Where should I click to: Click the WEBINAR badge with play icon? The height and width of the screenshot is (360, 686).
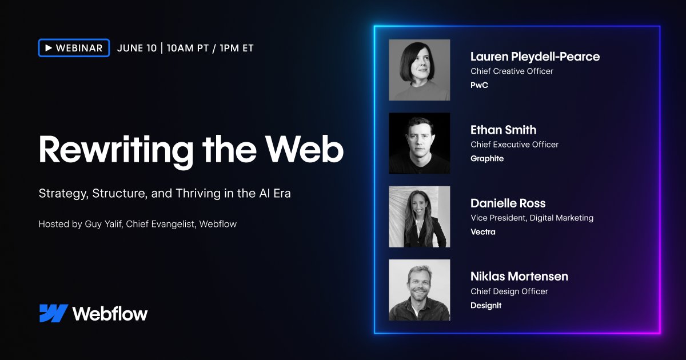(x=74, y=48)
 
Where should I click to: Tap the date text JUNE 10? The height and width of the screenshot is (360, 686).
(x=137, y=48)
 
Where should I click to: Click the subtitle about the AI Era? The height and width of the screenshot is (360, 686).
(x=165, y=193)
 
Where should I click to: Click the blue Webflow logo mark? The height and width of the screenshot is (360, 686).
(x=54, y=313)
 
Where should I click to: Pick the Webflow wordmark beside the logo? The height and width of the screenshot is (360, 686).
(x=110, y=313)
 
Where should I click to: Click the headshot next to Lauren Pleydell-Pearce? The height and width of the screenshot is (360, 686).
(x=419, y=70)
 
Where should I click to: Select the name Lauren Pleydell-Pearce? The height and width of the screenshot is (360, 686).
(x=535, y=57)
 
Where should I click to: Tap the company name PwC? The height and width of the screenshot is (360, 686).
(x=479, y=85)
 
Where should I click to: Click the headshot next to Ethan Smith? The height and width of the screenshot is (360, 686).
(x=419, y=143)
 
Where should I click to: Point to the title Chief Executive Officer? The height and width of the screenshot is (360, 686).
(x=514, y=145)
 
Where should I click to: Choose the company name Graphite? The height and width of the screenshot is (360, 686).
(x=487, y=158)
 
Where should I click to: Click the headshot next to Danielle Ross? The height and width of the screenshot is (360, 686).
(x=419, y=217)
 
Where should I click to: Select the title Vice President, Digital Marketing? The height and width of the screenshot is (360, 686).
(x=532, y=218)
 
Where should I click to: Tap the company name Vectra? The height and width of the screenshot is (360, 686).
(x=483, y=231)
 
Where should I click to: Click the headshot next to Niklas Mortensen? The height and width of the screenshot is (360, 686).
(x=419, y=290)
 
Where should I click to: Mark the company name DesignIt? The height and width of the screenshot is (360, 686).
(x=486, y=305)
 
